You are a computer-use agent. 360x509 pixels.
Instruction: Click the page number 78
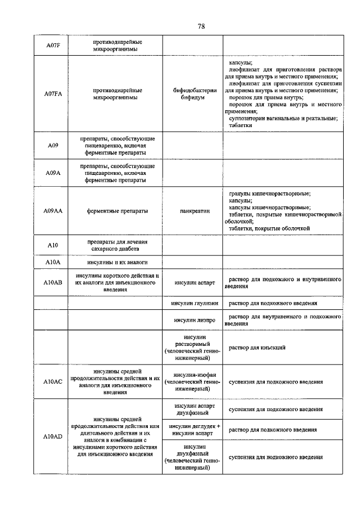201,26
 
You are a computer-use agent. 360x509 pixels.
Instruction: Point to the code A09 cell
52,145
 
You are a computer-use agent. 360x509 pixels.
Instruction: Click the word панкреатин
192,211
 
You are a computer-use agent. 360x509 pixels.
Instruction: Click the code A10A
52,262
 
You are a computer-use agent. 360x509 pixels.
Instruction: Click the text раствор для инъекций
256,348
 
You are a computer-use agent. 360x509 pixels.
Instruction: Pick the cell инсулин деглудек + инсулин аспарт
192,430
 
